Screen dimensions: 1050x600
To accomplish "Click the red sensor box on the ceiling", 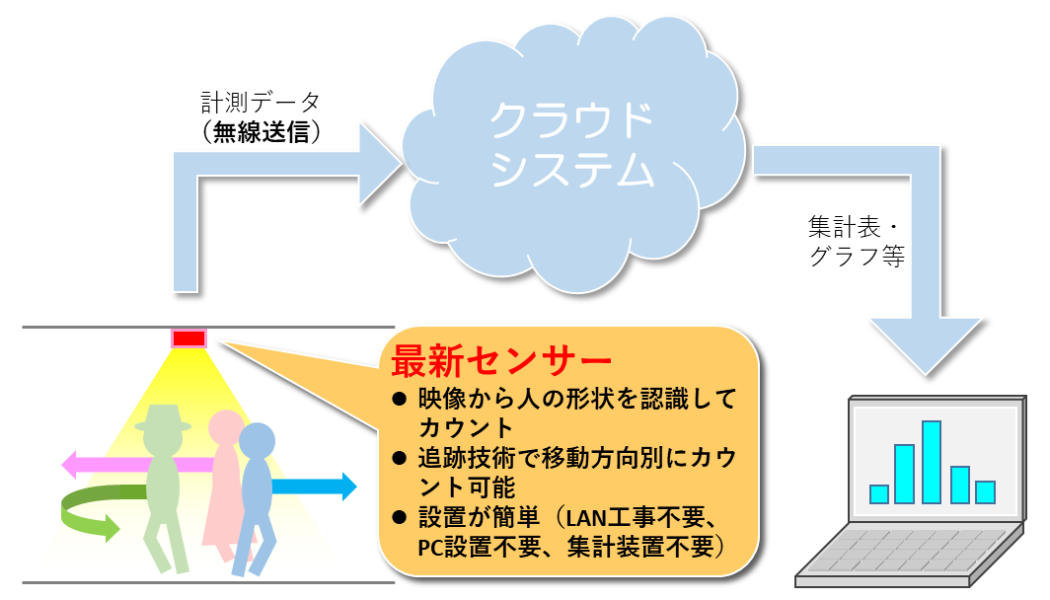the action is (188, 338).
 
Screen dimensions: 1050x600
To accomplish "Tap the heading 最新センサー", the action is (501, 361).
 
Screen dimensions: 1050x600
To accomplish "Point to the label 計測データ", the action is (261, 103).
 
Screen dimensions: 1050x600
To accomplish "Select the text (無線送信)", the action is (261, 131).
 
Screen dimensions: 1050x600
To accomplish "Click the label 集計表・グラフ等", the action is (857, 241).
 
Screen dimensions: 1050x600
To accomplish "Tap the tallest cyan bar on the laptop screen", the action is (932, 462).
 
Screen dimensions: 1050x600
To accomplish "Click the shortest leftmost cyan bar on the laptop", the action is (878, 494).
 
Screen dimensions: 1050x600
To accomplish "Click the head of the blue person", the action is (258, 440).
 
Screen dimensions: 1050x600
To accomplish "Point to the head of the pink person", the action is (226, 427).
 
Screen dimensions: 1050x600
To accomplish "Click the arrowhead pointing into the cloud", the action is (379, 164).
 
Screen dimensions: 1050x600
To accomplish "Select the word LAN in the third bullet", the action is (587, 518).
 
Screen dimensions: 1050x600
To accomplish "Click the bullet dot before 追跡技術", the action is (400, 459).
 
